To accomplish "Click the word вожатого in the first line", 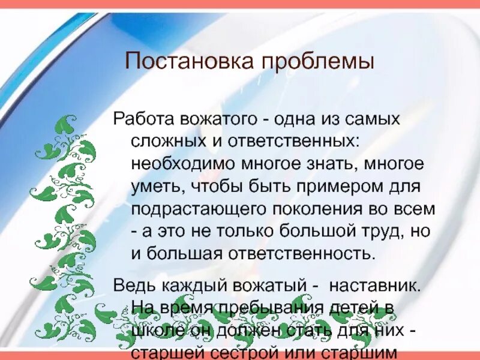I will [x=217, y=119].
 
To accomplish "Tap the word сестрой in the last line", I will [x=263, y=352].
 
